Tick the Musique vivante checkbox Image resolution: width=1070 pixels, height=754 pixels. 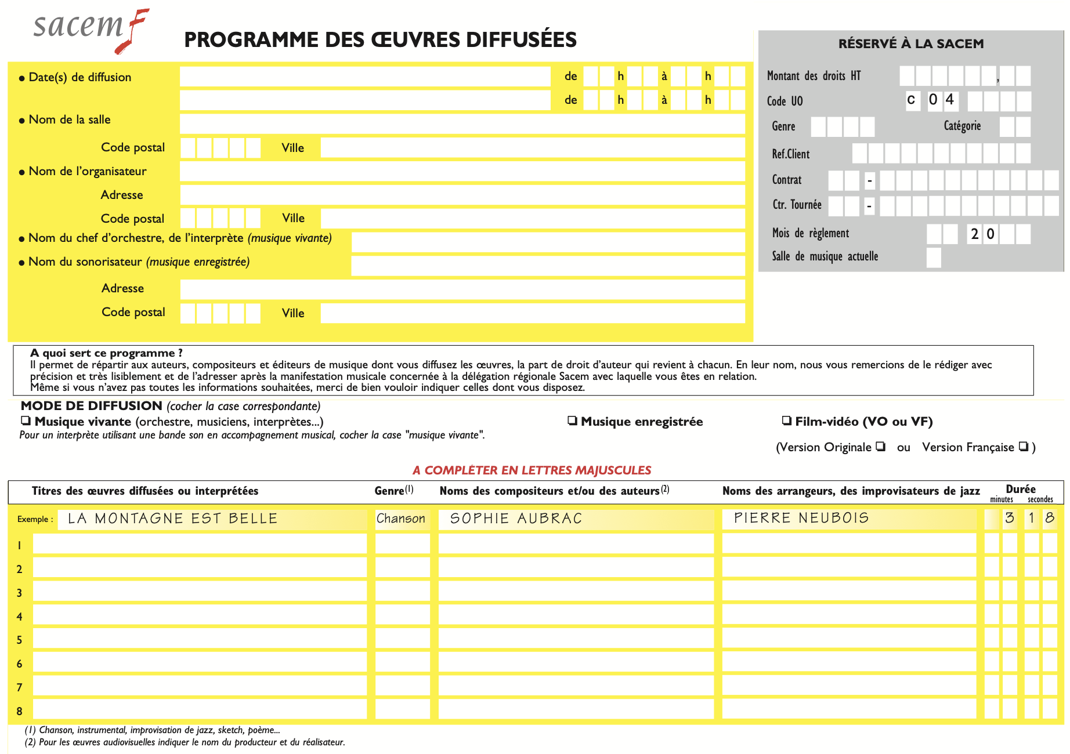click(26, 420)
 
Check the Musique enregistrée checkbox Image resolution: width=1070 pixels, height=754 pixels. click(573, 420)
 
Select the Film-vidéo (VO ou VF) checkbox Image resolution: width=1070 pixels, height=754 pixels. click(787, 420)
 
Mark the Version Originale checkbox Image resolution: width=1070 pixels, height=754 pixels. click(881, 446)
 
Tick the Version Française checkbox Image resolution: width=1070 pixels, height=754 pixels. click(1024, 446)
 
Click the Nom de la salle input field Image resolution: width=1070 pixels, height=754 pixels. click(462, 124)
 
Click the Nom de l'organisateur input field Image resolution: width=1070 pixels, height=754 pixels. click(462, 171)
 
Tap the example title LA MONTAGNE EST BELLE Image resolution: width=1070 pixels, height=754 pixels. click(172, 519)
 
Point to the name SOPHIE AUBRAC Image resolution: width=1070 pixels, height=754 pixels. click(516, 519)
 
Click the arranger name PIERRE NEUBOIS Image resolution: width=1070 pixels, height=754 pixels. click(801, 518)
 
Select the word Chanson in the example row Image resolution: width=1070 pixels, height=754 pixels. click(401, 519)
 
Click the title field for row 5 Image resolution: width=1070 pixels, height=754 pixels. click(200, 639)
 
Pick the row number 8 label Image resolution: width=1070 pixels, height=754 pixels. click(20, 711)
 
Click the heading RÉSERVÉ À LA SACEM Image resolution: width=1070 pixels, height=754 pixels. click(911, 43)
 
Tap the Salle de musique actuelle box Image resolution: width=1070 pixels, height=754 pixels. click(934, 258)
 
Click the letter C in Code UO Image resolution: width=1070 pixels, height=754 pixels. click(911, 100)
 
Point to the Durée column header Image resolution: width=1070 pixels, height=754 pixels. click(1021, 489)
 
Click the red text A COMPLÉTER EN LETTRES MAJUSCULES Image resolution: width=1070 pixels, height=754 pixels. click(532, 470)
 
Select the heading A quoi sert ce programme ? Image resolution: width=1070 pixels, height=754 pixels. click(106, 353)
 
